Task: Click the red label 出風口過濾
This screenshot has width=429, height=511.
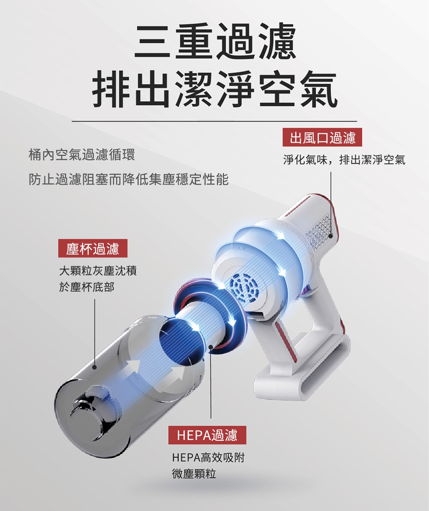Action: pyautogui.click(x=322, y=138)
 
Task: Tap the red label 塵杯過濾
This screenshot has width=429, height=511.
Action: pyautogui.click(x=93, y=248)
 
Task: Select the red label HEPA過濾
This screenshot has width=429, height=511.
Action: pyautogui.click(x=207, y=435)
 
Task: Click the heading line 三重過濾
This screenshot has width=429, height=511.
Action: pyautogui.click(x=215, y=41)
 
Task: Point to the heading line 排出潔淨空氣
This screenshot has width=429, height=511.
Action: pyautogui.click(x=214, y=89)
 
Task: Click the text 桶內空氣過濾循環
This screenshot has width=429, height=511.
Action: pyautogui.click(x=82, y=155)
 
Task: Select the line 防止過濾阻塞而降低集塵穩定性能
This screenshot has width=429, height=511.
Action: pyautogui.click(x=129, y=179)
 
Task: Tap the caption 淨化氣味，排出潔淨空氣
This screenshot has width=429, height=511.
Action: pyautogui.click(x=344, y=160)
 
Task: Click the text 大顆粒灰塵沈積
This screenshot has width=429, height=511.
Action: pyautogui.click(x=98, y=270)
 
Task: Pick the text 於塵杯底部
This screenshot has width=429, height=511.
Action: pyautogui.click(x=87, y=287)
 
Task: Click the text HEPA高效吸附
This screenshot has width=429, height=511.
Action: pyautogui.click(x=208, y=457)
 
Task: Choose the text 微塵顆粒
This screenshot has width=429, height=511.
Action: pyautogui.click(x=194, y=474)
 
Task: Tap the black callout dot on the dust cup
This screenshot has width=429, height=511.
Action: pyautogui.click(x=95, y=367)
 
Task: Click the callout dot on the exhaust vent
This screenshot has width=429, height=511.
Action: pyautogui.click(x=331, y=236)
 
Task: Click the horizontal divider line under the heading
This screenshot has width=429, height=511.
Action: pyautogui.click(x=214, y=121)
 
